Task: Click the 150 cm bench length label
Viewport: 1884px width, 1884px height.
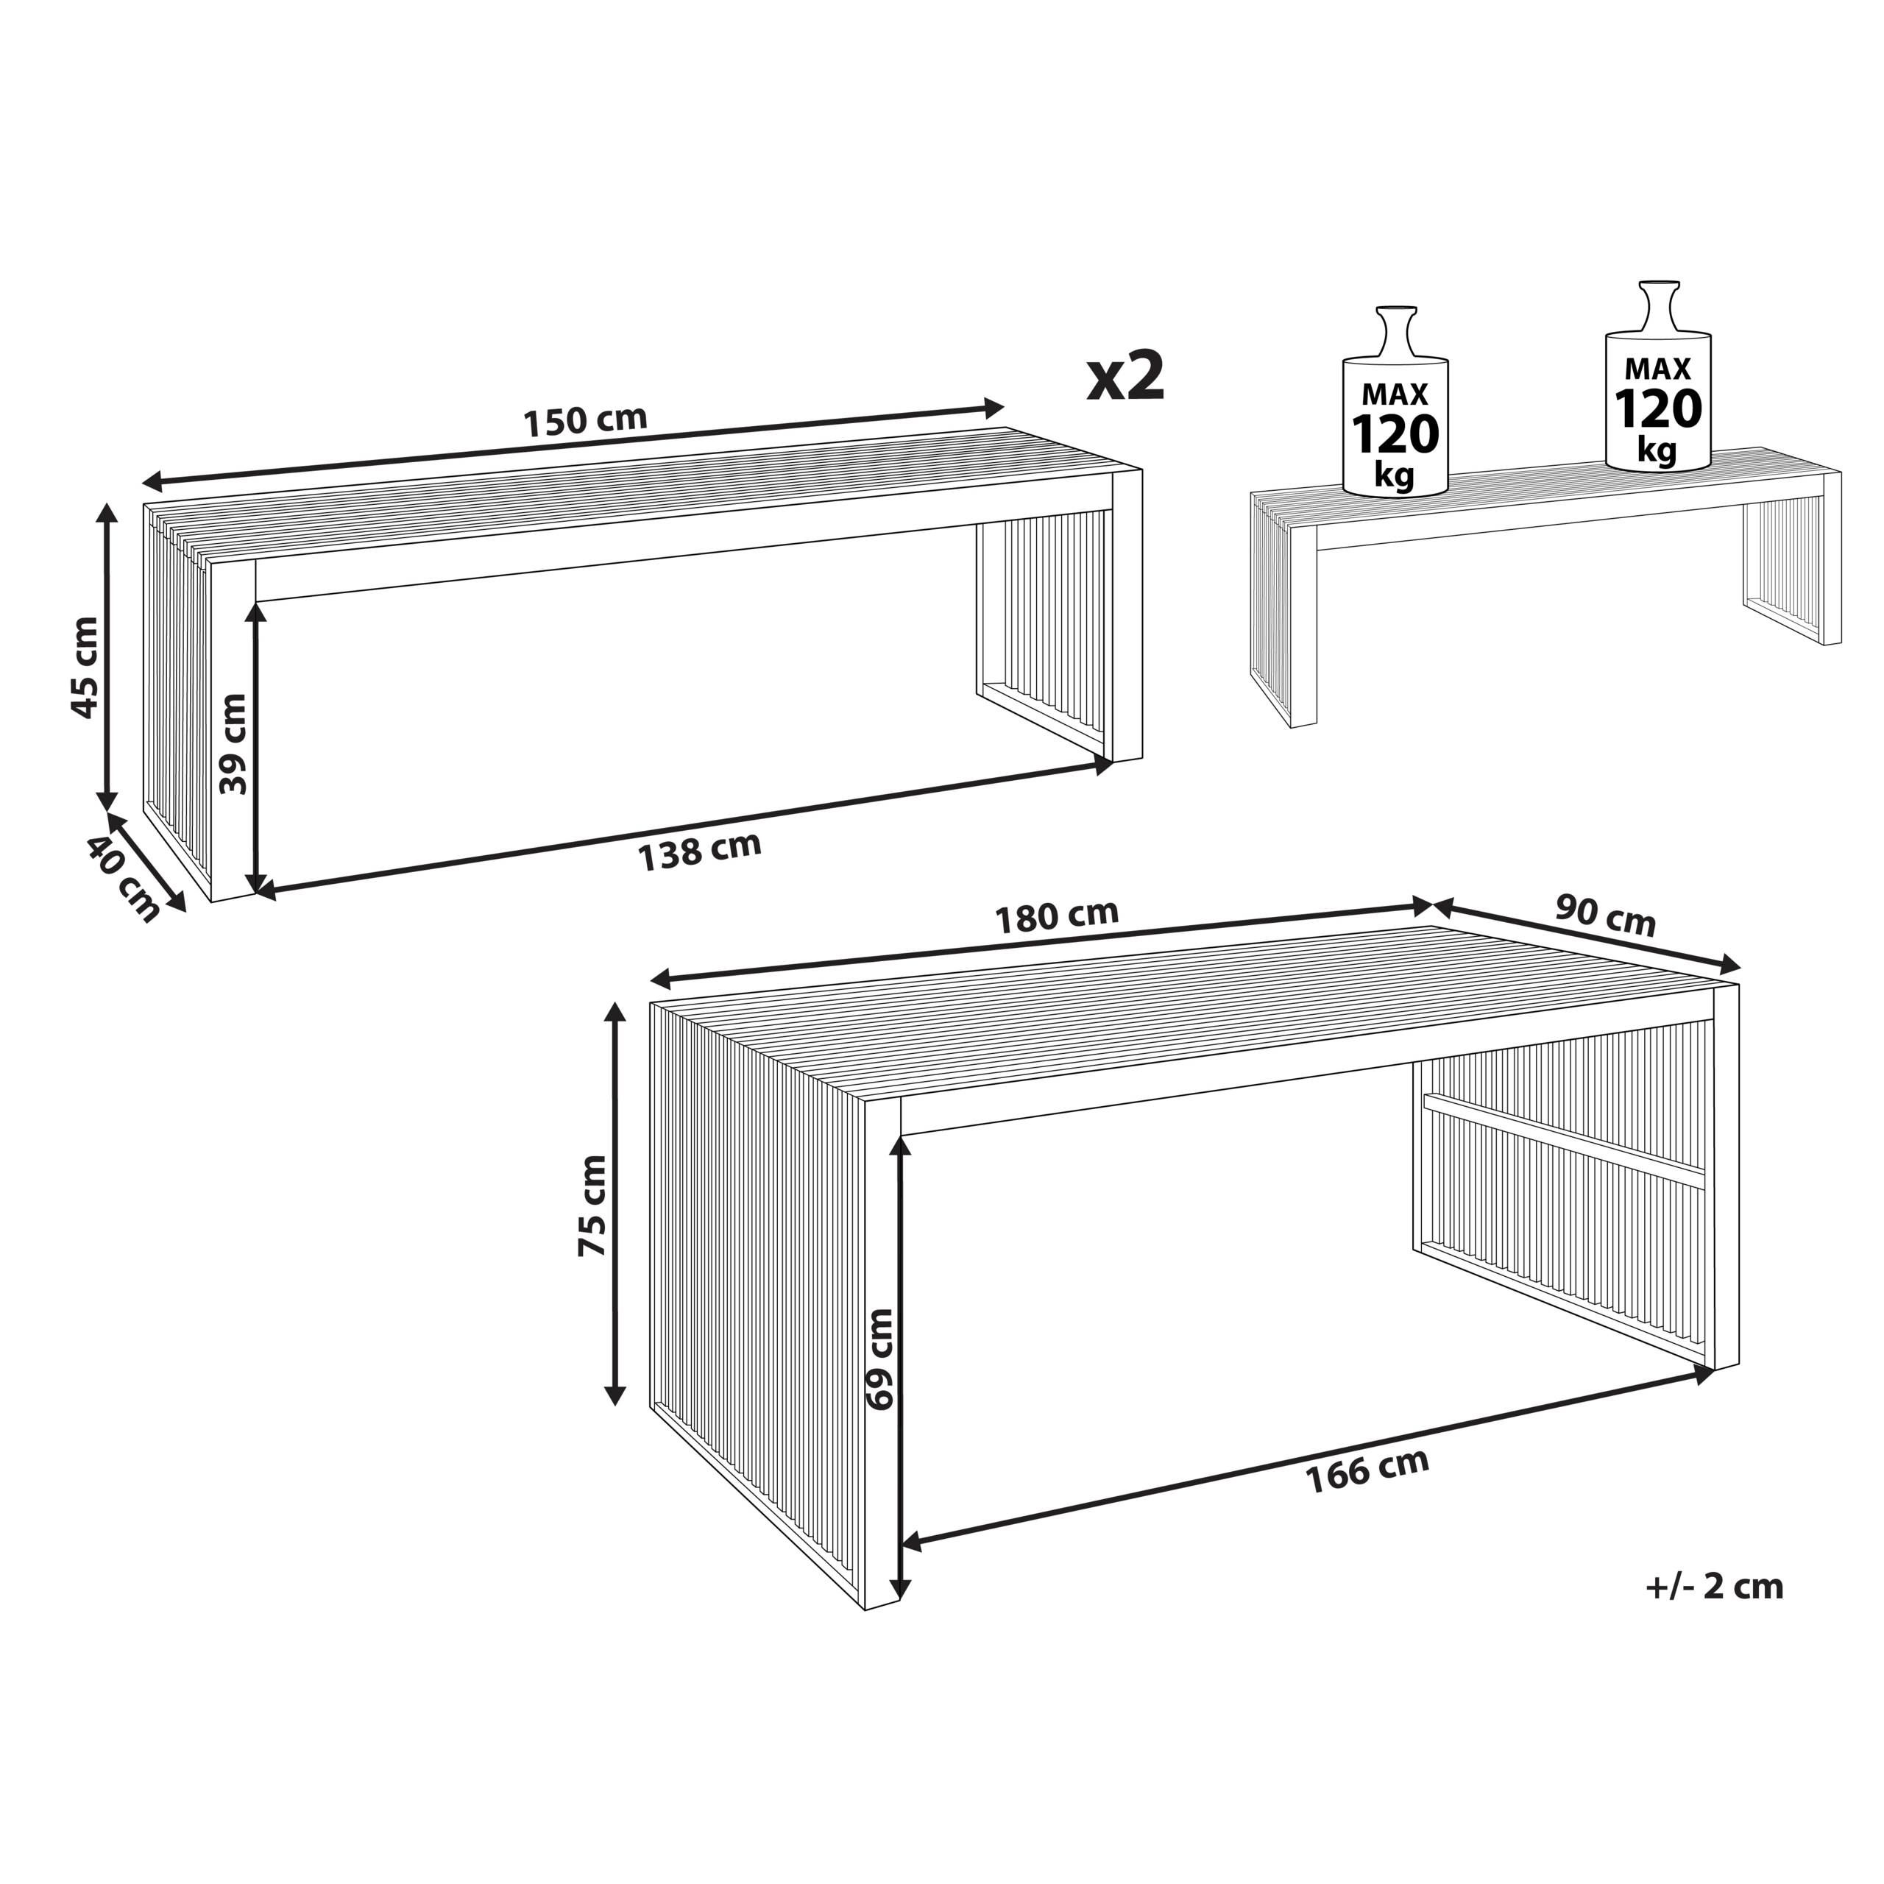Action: (585, 421)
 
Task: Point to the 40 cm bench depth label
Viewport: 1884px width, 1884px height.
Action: (123, 879)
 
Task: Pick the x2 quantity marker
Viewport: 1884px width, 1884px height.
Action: (1126, 378)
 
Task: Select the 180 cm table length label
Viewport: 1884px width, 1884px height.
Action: (1056, 916)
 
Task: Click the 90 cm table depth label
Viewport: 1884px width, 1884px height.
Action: (1605, 918)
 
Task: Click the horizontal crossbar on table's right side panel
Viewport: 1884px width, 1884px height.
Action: (1563, 1141)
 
